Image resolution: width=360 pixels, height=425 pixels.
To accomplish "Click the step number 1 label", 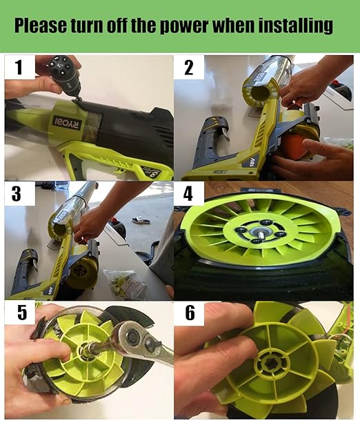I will pos(19,68).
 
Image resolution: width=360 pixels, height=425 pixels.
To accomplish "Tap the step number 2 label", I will pos(188,68).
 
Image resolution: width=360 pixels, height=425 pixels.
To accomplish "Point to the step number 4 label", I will pos(188,194).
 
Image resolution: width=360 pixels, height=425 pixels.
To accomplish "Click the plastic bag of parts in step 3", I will pos(123,281).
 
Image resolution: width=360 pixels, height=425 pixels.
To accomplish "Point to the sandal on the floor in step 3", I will pos(142,220).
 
